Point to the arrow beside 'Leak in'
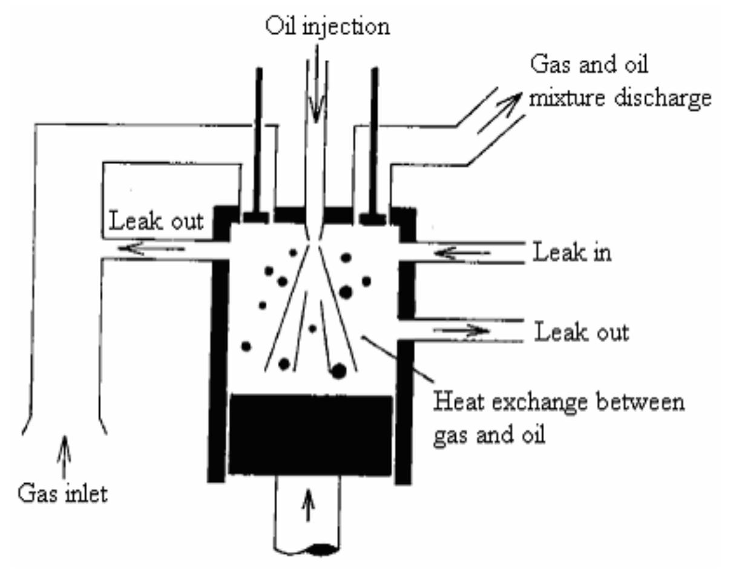coord(464,253)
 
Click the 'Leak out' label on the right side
coord(582,332)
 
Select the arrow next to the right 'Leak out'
coord(462,331)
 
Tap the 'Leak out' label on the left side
coord(157,221)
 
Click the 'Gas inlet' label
coord(62,494)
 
